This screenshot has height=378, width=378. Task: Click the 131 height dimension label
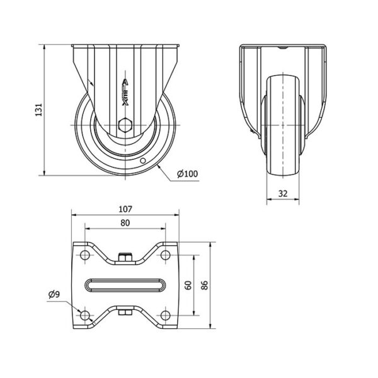coord(39,110)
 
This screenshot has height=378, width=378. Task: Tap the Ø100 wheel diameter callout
coord(187,174)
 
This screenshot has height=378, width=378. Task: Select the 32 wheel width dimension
coord(283,193)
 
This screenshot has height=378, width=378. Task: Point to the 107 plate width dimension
coord(125,209)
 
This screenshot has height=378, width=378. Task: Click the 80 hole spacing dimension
coord(125,223)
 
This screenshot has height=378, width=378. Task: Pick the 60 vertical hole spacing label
coord(188,285)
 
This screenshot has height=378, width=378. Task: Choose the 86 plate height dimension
coord(204,285)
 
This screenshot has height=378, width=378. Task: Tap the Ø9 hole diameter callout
coord(54,294)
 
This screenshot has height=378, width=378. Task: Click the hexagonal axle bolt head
coord(125,125)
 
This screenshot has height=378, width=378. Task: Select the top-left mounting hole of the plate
coord(84,255)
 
